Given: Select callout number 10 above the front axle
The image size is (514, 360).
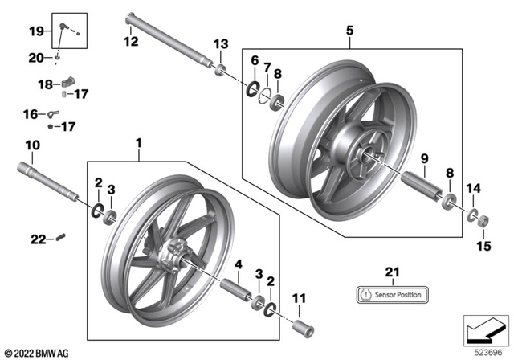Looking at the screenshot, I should point(32,145).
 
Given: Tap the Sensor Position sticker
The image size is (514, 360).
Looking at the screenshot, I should point(391,294).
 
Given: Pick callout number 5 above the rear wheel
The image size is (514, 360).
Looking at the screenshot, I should point(349,31).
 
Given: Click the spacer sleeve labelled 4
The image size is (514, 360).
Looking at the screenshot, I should point(233,288).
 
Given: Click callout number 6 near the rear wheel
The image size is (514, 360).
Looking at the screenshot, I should point(254,61).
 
